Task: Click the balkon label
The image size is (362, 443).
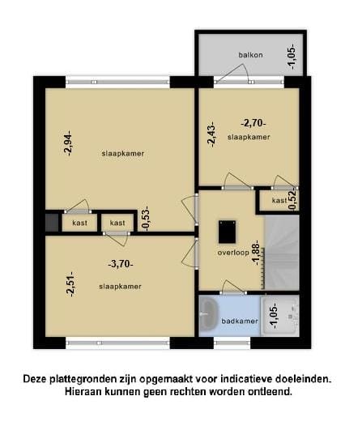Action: pyautogui.click(x=250, y=55)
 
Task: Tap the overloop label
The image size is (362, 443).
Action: pyautogui.click(x=233, y=253)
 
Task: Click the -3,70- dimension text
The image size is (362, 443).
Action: pyautogui.click(x=121, y=263)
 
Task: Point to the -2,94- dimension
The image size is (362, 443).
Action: pyautogui.click(x=70, y=143)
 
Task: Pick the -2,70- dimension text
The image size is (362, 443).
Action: pyautogui.click(x=253, y=123)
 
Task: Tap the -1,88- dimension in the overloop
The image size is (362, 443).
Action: pyautogui.click(x=256, y=253)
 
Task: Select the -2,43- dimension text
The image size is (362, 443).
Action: pyautogui.click(x=212, y=134)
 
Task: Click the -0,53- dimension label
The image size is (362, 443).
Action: pyautogui.click(x=146, y=219)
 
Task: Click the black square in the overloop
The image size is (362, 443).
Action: pyautogui.click(x=227, y=232)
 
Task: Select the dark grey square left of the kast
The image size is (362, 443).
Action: pyautogui.click(x=52, y=221)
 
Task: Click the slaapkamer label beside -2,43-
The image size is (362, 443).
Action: pyautogui.click(x=249, y=138)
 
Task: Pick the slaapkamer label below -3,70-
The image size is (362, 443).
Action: pyautogui.click(x=120, y=287)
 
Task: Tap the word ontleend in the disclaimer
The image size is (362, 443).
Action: pyautogui.click(x=267, y=392)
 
